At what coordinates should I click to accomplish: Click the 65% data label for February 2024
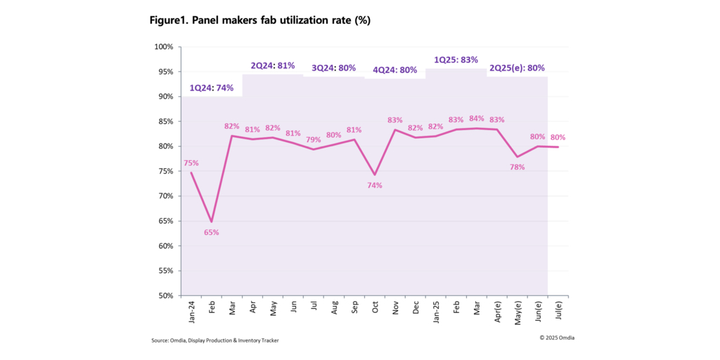(x=212, y=232)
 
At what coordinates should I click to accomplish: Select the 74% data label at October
(x=375, y=186)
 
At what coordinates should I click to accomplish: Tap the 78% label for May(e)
(x=517, y=167)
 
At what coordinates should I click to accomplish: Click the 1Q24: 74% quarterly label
(x=212, y=88)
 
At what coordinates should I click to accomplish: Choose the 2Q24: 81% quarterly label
(x=272, y=65)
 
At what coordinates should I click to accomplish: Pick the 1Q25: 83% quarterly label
(x=456, y=60)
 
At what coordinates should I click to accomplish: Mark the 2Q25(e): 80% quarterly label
(x=517, y=67)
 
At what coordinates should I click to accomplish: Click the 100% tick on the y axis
(x=164, y=47)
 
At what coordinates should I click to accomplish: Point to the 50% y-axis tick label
(x=165, y=295)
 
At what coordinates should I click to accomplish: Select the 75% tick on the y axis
(x=165, y=171)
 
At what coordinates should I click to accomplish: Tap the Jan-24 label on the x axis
(x=192, y=311)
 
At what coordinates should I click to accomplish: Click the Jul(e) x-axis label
(x=558, y=311)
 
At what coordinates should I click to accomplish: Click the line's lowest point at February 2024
(x=212, y=222)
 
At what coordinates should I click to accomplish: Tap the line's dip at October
(x=375, y=175)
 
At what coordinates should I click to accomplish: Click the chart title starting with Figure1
(x=259, y=20)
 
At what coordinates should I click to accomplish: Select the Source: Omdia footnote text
(x=219, y=341)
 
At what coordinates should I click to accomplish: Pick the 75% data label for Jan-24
(x=191, y=163)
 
